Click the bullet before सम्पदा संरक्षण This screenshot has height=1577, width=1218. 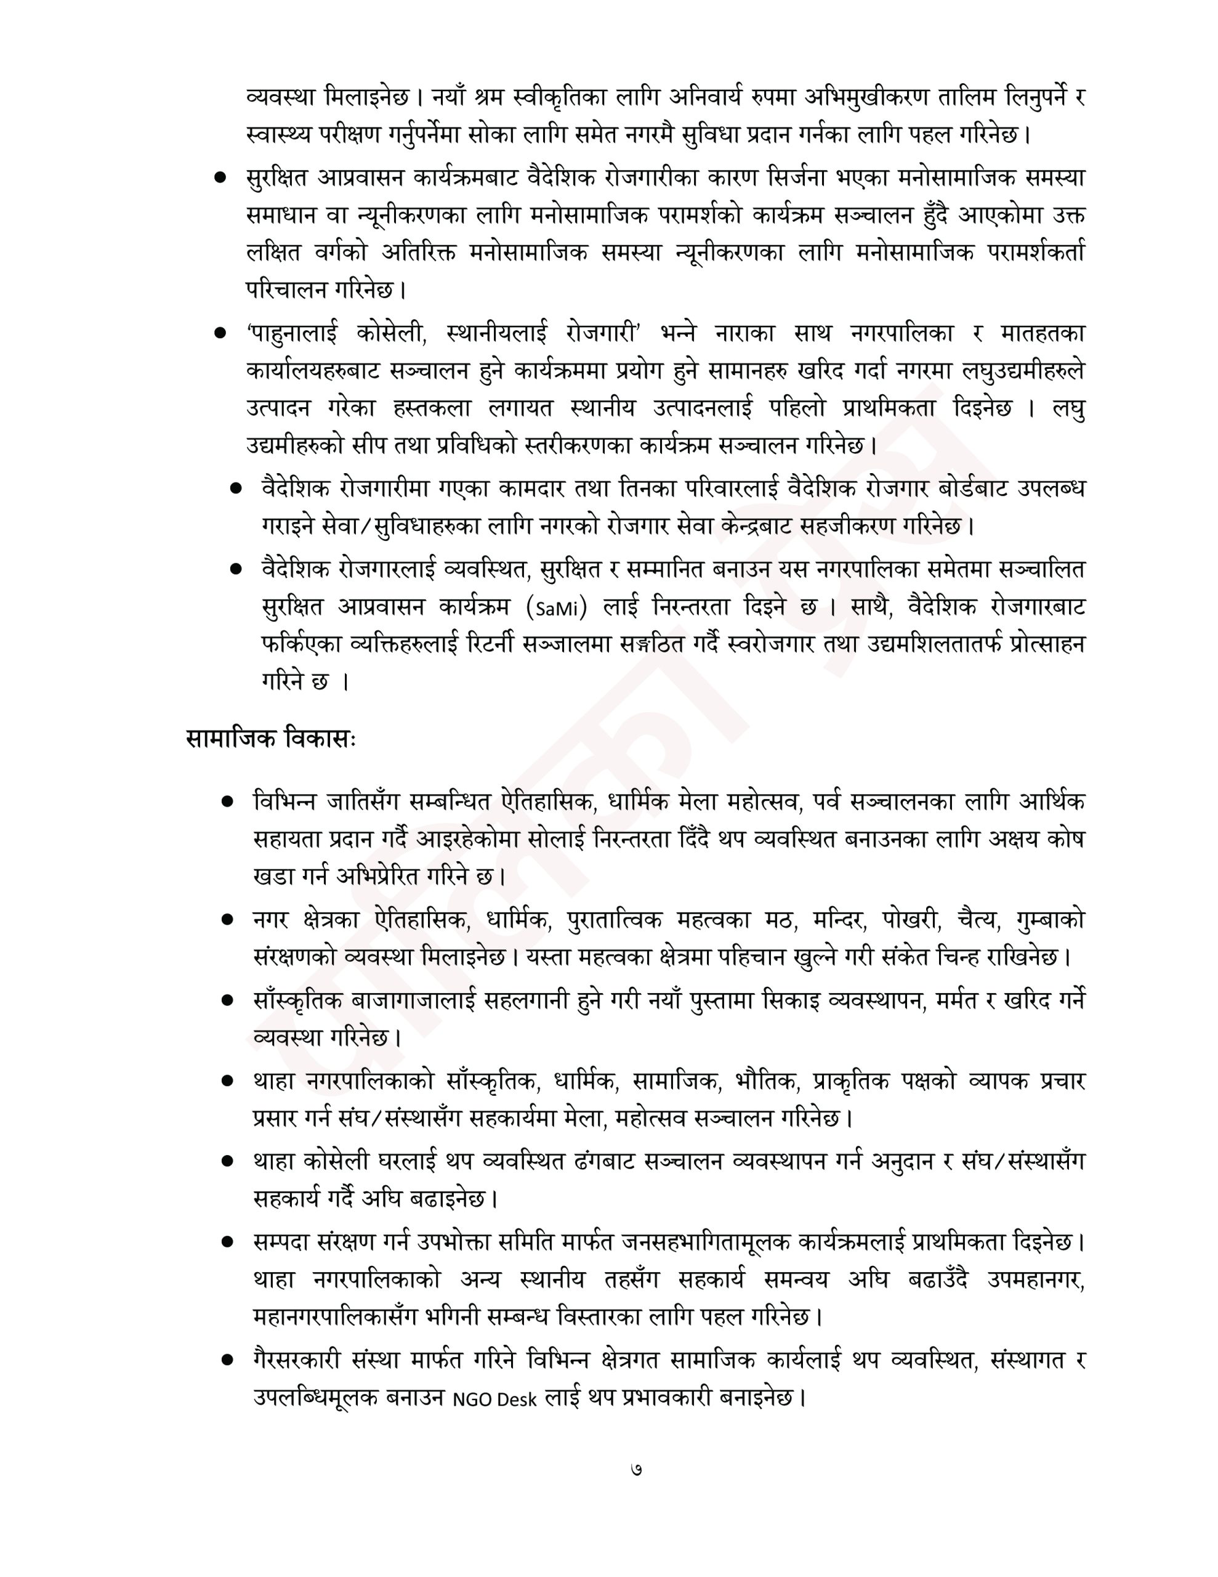tap(228, 1242)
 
